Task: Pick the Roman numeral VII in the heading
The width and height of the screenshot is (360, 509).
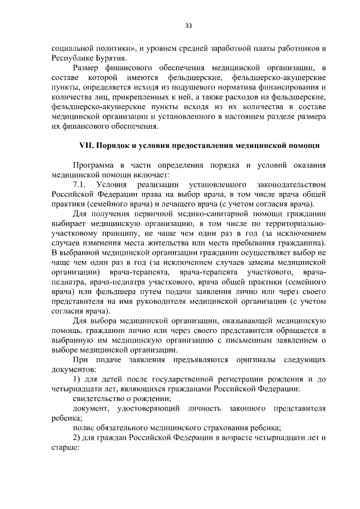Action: pos(87,146)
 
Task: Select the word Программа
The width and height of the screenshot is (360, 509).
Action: pos(96,165)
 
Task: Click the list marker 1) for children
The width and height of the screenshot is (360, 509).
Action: pos(77,380)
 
